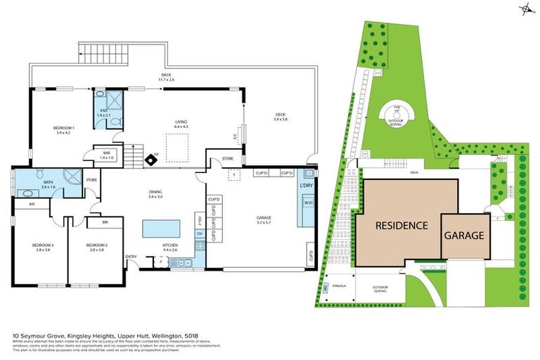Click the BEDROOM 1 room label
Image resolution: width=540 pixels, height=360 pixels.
[x=64, y=127]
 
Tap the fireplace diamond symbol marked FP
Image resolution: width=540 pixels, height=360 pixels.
[x=150, y=160]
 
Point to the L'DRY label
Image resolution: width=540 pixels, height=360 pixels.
[x=307, y=185]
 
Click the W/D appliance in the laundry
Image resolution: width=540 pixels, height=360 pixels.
[x=307, y=203]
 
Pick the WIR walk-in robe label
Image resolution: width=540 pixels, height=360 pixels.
[x=106, y=154]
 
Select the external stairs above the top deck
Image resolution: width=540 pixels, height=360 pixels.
[x=92, y=52]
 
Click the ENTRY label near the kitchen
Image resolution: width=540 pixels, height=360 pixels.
[x=131, y=257]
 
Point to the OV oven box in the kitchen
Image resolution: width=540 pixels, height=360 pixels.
[x=199, y=233]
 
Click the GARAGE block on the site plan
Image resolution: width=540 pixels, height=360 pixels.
[x=463, y=235]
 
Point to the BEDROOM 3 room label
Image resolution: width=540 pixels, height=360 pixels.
[x=41, y=247]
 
